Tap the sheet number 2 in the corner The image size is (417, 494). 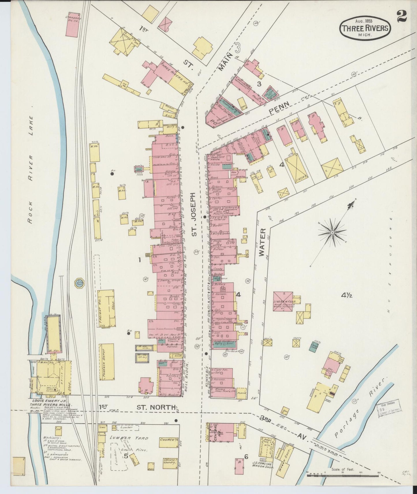tap(402, 16)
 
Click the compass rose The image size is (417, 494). tap(332, 232)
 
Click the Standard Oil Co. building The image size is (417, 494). tap(72, 24)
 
